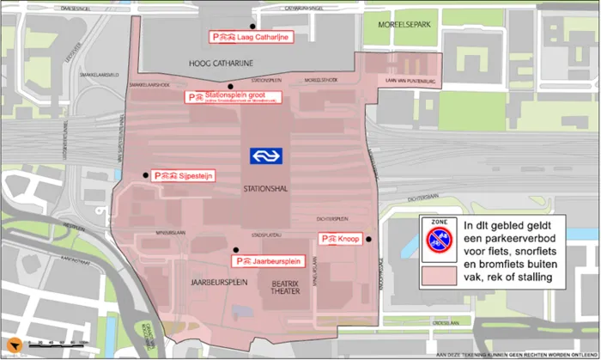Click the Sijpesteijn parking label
pyautogui.click(x=183, y=175)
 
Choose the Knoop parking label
pyautogui.click(x=340, y=239)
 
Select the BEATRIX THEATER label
pyautogui.click(x=286, y=286)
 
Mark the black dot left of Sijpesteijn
pyautogui.click(x=145, y=175)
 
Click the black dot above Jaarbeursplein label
pyautogui.click(x=235, y=250)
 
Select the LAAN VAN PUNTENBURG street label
pyautogui.click(x=414, y=82)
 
